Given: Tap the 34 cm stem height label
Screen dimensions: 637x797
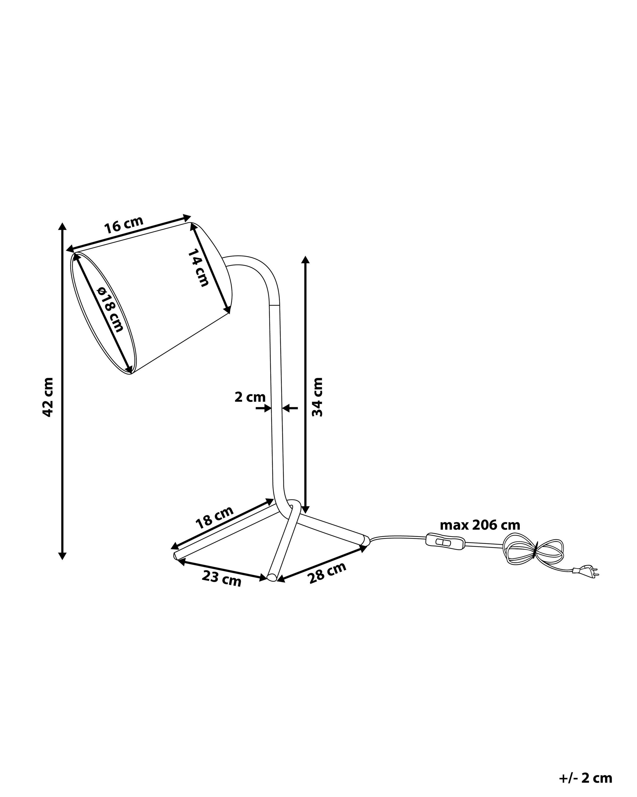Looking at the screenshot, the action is [317, 397].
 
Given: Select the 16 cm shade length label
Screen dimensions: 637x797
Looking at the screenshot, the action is [123, 224].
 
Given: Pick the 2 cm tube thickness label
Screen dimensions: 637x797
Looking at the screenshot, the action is [250, 397].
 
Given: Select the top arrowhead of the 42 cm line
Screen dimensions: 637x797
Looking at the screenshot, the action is [62, 226].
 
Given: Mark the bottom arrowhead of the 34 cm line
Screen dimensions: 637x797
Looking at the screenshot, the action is [305, 509].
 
